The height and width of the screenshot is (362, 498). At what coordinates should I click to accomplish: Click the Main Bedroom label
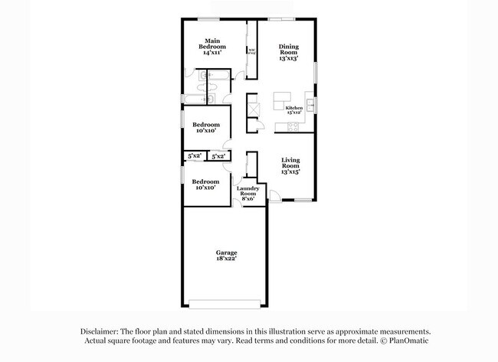[214, 44]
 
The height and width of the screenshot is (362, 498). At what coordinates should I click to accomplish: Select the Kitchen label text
[293, 108]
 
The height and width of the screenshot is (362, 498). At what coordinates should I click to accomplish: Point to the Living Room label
[290, 166]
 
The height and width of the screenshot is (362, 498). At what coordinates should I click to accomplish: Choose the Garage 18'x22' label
[225, 256]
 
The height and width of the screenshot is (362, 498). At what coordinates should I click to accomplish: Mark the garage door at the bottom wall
[225, 300]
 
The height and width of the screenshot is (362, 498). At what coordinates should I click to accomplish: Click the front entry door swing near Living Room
[274, 195]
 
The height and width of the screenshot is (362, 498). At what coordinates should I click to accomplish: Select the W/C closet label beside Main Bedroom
[251, 51]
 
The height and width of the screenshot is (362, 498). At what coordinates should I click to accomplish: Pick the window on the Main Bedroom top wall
[206, 19]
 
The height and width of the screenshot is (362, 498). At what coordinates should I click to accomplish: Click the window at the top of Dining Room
[287, 19]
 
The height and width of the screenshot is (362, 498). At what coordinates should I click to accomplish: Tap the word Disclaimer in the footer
[101, 331]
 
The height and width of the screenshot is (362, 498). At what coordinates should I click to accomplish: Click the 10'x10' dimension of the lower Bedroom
[205, 188]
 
